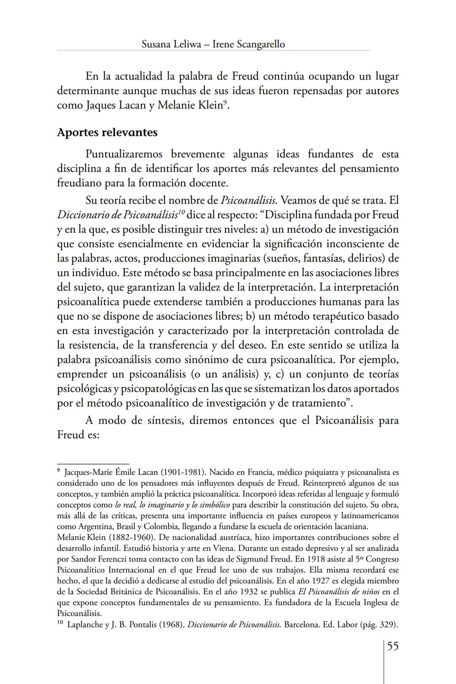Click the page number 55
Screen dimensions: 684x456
click(x=393, y=646)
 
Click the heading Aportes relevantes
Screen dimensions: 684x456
click(x=107, y=132)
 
